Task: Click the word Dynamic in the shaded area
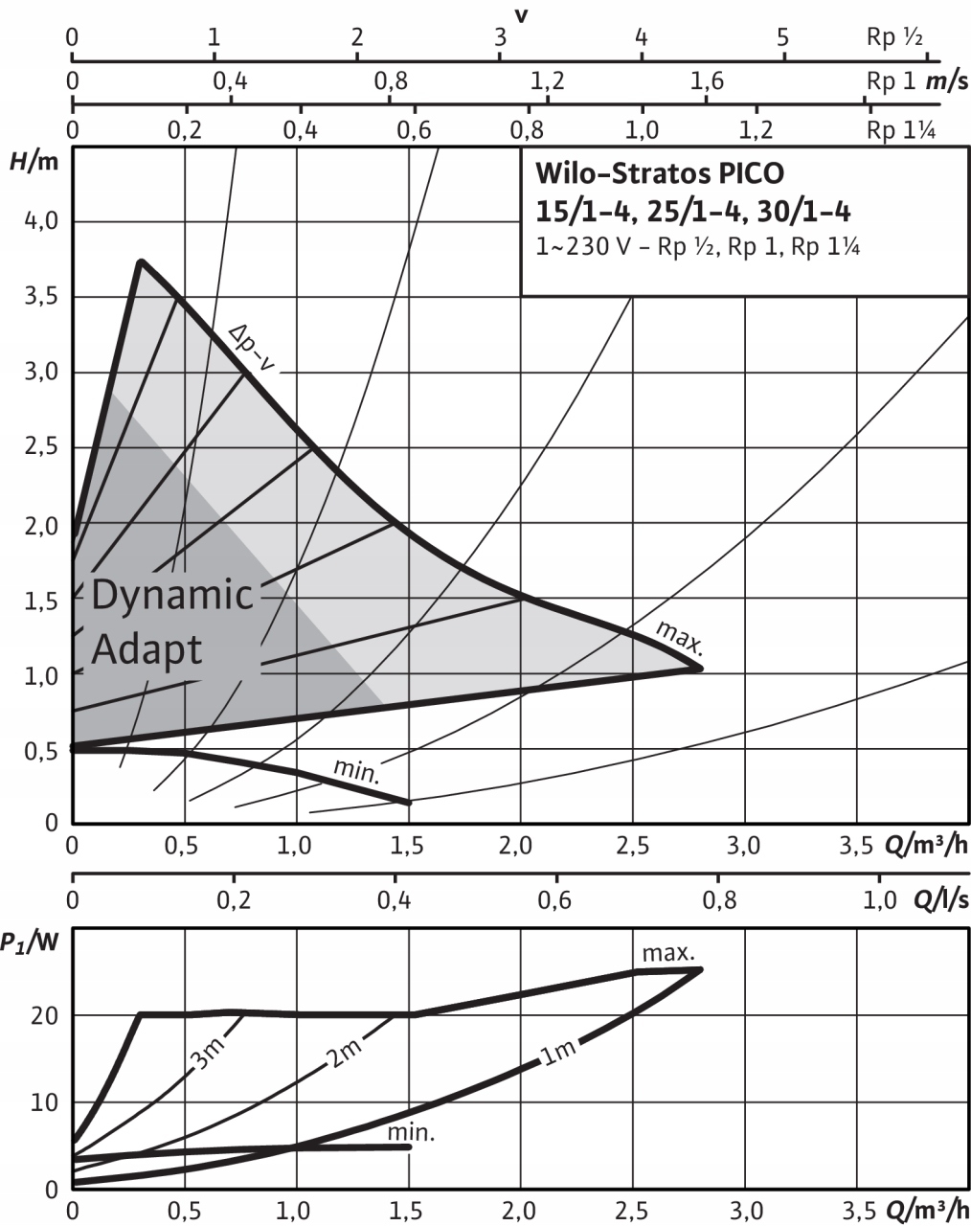tap(172, 596)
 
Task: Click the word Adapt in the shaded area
tap(147, 650)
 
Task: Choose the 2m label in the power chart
tap(341, 1056)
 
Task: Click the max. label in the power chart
tap(667, 953)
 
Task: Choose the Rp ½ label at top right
tap(894, 39)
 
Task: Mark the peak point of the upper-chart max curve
tap(141, 261)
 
